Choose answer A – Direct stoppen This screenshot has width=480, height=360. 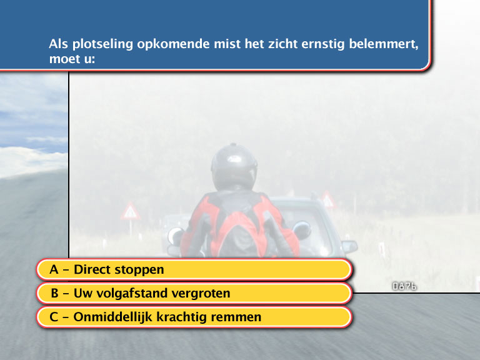194,269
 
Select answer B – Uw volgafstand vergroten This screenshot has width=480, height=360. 194,293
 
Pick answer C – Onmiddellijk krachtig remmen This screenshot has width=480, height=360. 194,317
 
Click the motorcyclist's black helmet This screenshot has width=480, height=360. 234,167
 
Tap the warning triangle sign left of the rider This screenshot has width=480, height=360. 131,211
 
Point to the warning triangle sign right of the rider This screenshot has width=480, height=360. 328,199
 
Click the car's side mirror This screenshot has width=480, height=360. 349,246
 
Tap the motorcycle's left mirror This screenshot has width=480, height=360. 175,236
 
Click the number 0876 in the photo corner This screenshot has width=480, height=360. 404,286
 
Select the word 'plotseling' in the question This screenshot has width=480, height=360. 102,44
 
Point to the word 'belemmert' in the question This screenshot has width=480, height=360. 384,44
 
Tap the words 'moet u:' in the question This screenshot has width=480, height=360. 72,59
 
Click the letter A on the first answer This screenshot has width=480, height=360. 54,270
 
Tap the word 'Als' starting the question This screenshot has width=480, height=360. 59,44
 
